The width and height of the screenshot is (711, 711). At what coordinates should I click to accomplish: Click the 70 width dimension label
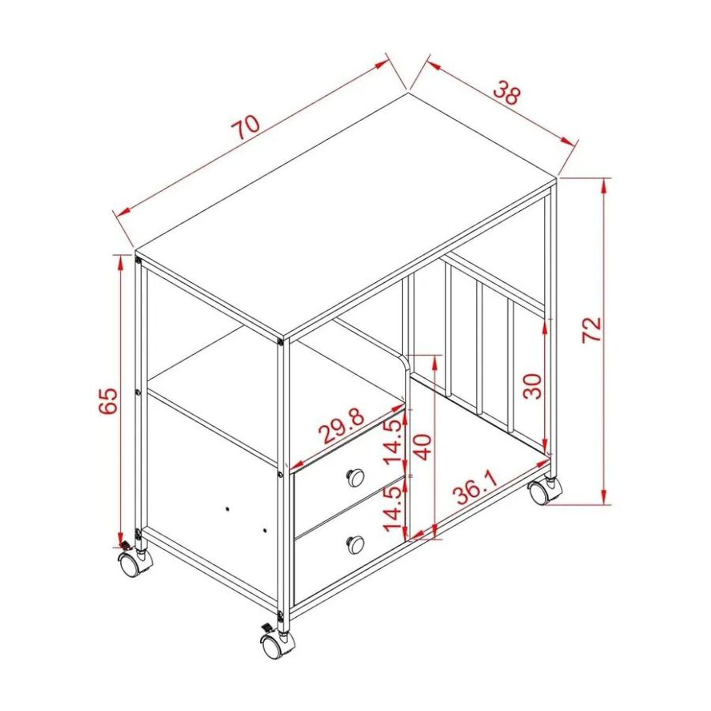point(246,128)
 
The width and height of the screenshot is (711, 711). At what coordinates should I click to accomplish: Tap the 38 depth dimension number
point(507,93)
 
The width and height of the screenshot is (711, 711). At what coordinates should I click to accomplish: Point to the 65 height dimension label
point(108,401)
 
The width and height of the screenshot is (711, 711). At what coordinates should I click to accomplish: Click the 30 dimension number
point(532,386)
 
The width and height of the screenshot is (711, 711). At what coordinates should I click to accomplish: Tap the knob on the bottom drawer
point(355,544)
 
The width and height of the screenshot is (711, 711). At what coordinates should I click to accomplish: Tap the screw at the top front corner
point(281,342)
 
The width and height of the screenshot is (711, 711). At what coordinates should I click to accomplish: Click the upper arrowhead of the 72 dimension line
point(603,185)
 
